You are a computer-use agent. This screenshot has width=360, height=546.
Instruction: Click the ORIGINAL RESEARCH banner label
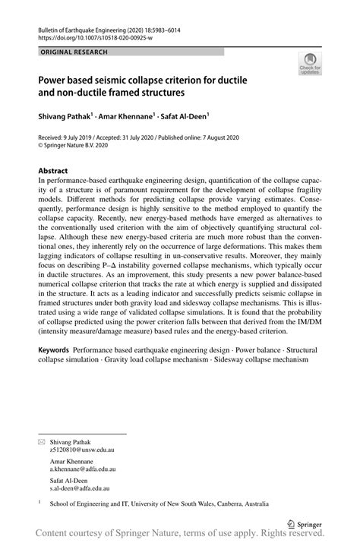tap(74, 52)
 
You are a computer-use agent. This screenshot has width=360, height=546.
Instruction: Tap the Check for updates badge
tap(311, 66)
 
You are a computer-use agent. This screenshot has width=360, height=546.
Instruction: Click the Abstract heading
tap(54, 171)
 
